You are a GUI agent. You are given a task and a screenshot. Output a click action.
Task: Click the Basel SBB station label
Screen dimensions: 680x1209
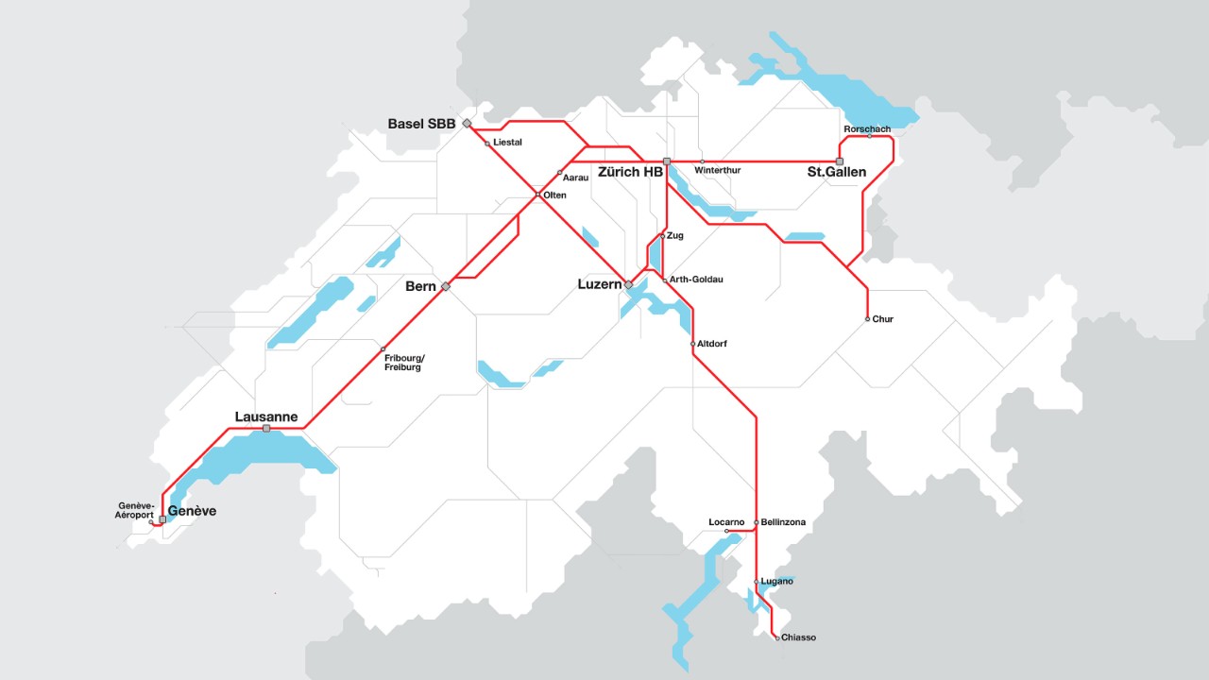pos(421,124)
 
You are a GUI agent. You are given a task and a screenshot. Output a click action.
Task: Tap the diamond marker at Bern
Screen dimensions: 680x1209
pos(446,286)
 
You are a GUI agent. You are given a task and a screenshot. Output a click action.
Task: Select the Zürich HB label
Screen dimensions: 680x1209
pos(630,173)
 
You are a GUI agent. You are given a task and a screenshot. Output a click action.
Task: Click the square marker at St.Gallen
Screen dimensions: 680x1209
pos(840,161)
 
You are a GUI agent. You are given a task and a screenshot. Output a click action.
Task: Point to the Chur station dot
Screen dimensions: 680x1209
pos(867,319)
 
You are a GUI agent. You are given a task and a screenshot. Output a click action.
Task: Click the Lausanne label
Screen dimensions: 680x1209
pos(266,416)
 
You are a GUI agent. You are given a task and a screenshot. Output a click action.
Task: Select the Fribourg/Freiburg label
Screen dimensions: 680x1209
pos(404,362)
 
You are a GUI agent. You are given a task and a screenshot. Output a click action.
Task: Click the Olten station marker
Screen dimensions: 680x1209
pos(537,195)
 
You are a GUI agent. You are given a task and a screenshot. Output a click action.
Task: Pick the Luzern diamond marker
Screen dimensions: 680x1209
pos(628,284)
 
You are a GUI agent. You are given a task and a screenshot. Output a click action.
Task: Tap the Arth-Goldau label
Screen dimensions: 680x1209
pos(696,280)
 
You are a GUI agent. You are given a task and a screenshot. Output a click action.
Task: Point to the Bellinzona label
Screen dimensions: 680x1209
pos(783,522)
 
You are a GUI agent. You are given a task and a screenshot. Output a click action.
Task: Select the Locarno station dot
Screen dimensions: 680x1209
pos(726,532)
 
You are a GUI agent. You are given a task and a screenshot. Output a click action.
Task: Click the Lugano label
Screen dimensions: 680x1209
pos(776,581)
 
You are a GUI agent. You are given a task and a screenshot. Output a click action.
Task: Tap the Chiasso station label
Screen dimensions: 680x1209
pos(798,637)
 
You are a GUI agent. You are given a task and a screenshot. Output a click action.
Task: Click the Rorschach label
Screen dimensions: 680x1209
pos(867,129)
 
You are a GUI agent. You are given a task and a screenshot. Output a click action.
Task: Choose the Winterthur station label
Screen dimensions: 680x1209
pos(717,171)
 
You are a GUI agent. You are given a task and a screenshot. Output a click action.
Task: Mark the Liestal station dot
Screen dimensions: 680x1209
pos(487,144)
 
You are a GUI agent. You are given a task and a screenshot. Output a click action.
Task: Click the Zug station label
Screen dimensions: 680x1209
pos(674,235)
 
